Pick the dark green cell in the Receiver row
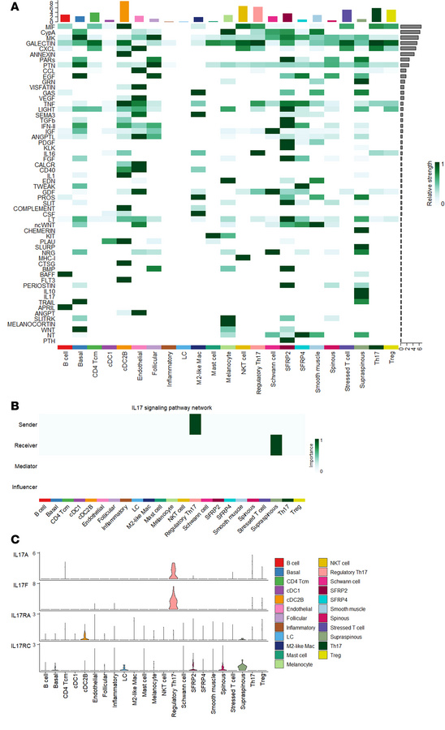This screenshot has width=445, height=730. [275, 445]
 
